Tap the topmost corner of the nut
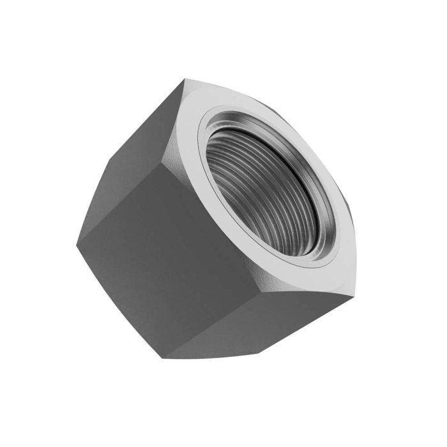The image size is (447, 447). [x=186, y=79]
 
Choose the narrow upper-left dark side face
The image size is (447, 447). [x=137, y=147]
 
